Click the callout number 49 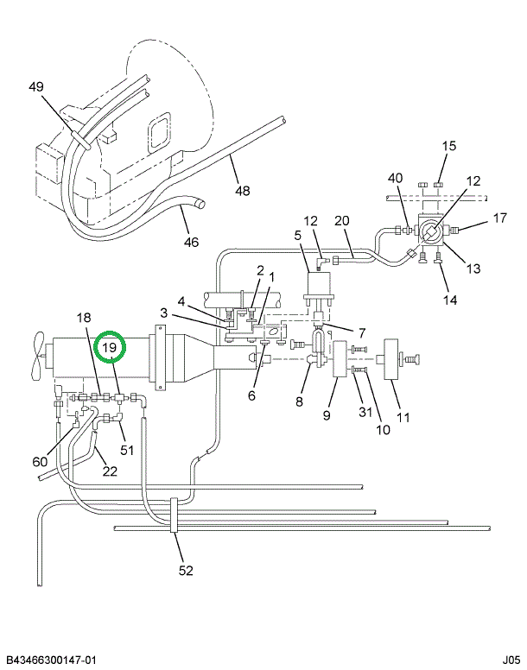click(x=35, y=86)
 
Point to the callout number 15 click(x=449, y=146)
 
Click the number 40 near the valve click(x=395, y=179)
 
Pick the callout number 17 click(x=500, y=218)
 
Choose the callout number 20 click(x=341, y=220)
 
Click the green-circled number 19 click(x=110, y=348)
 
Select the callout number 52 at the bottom click(x=186, y=570)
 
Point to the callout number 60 click(x=41, y=461)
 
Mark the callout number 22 click(x=110, y=471)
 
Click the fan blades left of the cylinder click(x=35, y=356)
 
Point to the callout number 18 click(x=84, y=318)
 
